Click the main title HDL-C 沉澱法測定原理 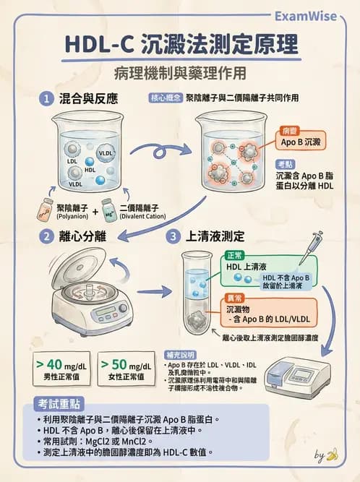click(x=180, y=45)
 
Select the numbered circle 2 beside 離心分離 click(x=46, y=236)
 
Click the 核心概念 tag click(x=166, y=98)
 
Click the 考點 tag click(x=285, y=163)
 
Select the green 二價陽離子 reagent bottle click(x=108, y=209)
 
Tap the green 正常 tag click(x=236, y=256)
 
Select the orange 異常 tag click(x=236, y=298)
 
